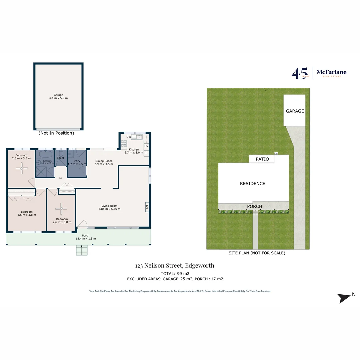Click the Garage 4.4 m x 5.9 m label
coord(58,96)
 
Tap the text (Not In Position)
coord(56,133)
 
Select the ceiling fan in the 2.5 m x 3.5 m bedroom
coord(22,169)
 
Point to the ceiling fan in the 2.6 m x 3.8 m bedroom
coord(61,209)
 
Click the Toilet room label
coord(60,158)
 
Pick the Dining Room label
coord(104,162)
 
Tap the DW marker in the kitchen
coord(129,137)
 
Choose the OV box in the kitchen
coord(146,146)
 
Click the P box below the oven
coord(146,153)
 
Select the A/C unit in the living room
coord(147,207)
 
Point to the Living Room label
coord(109,207)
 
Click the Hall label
coord(61,178)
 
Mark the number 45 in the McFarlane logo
coord(298,73)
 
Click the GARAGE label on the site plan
coord(295,111)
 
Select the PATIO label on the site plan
coord(262,159)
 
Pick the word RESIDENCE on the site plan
coord(253,183)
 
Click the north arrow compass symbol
coord(344,298)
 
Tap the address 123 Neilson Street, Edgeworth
coord(175,266)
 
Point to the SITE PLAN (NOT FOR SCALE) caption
coord(257,253)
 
